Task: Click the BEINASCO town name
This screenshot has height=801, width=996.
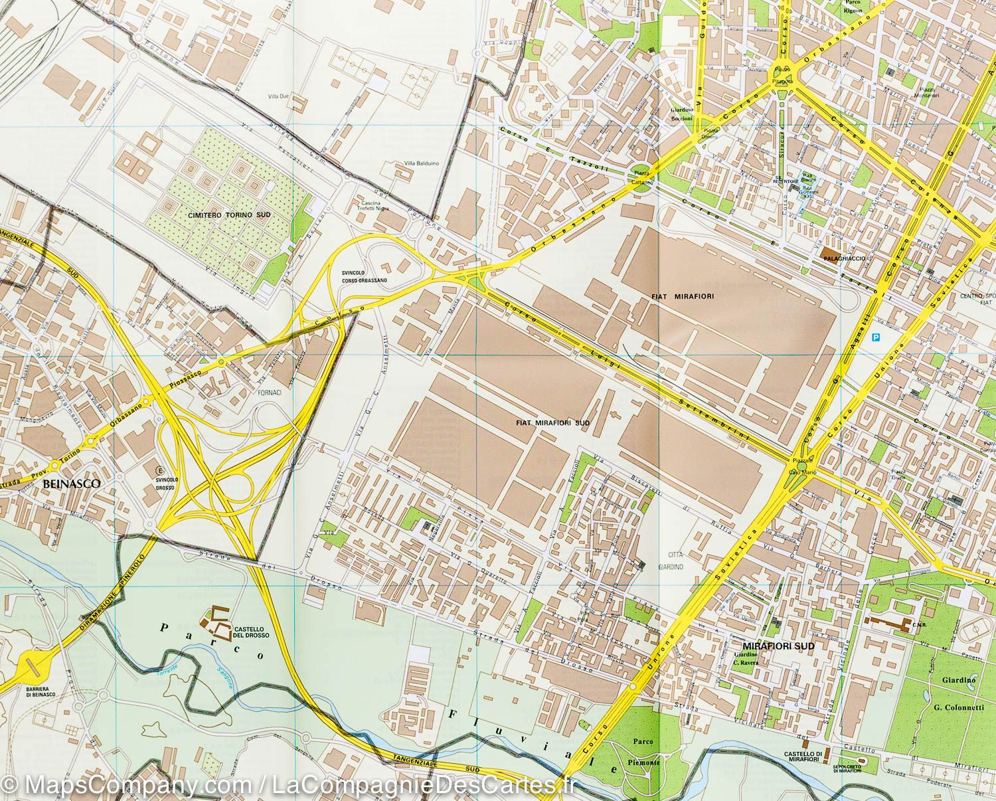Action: click(x=71, y=484)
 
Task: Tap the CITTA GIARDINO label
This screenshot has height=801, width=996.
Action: click(x=676, y=561)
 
